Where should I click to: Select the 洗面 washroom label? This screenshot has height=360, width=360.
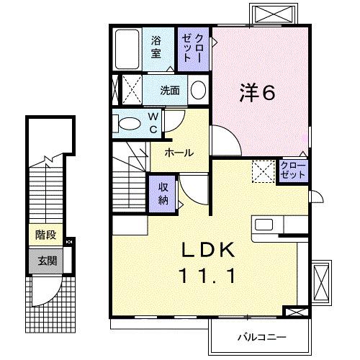pyautogui.click(x=170, y=91)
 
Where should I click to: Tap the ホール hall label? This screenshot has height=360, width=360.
pyautogui.click(x=178, y=153)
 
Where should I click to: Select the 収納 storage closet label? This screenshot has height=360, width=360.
pyautogui.click(x=163, y=192)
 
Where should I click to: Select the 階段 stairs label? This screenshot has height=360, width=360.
pyautogui.click(x=45, y=234)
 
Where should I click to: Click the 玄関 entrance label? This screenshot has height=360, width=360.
pyautogui.click(x=45, y=260)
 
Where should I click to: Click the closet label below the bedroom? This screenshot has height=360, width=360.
pyautogui.click(x=293, y=171)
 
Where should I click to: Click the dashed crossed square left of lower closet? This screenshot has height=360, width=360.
pyautogui.click(x=264, y=171)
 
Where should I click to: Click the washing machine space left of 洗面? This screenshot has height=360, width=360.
pyautogui.click(x=127, y=91)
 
